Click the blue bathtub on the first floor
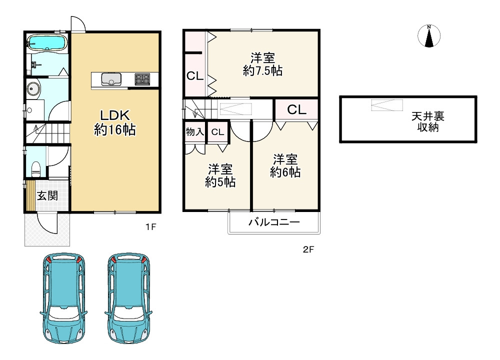click(x=47, y=42)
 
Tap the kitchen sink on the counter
click(x=111, y=79)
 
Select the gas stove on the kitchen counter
click(x=142, y=79)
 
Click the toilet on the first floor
click(x=36, y=169)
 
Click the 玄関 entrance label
click(x=48, y=195)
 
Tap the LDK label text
click(x=115, y=115)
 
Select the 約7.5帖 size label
click(x=263, y=71)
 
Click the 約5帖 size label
click(x=220, y=182)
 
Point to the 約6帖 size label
click(x=285, y=172)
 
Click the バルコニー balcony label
click(x=274, y=222)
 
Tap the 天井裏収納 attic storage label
click(x=428, y=121)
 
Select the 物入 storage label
click(x=195, y=131)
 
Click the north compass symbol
click(x=429, y=35)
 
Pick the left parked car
click(x=64, y=298)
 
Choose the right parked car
click(x=128, y=298)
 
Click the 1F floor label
click(x=151, y=227)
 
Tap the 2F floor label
click(x=308, y=249)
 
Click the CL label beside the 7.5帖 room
click(x=195, y=76)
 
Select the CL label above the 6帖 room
click(x=296, y=109)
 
